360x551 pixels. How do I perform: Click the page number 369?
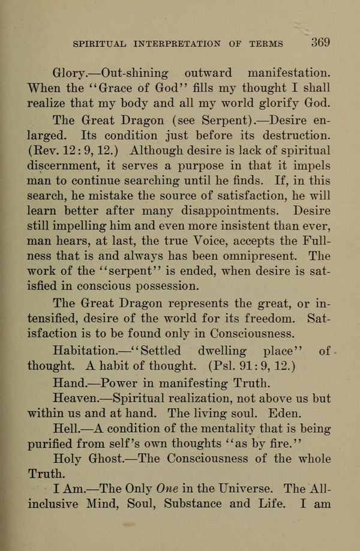tap(320, 43)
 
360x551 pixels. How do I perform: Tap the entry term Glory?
tap(69, 73)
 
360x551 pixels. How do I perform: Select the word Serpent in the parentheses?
tap(211, 119)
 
